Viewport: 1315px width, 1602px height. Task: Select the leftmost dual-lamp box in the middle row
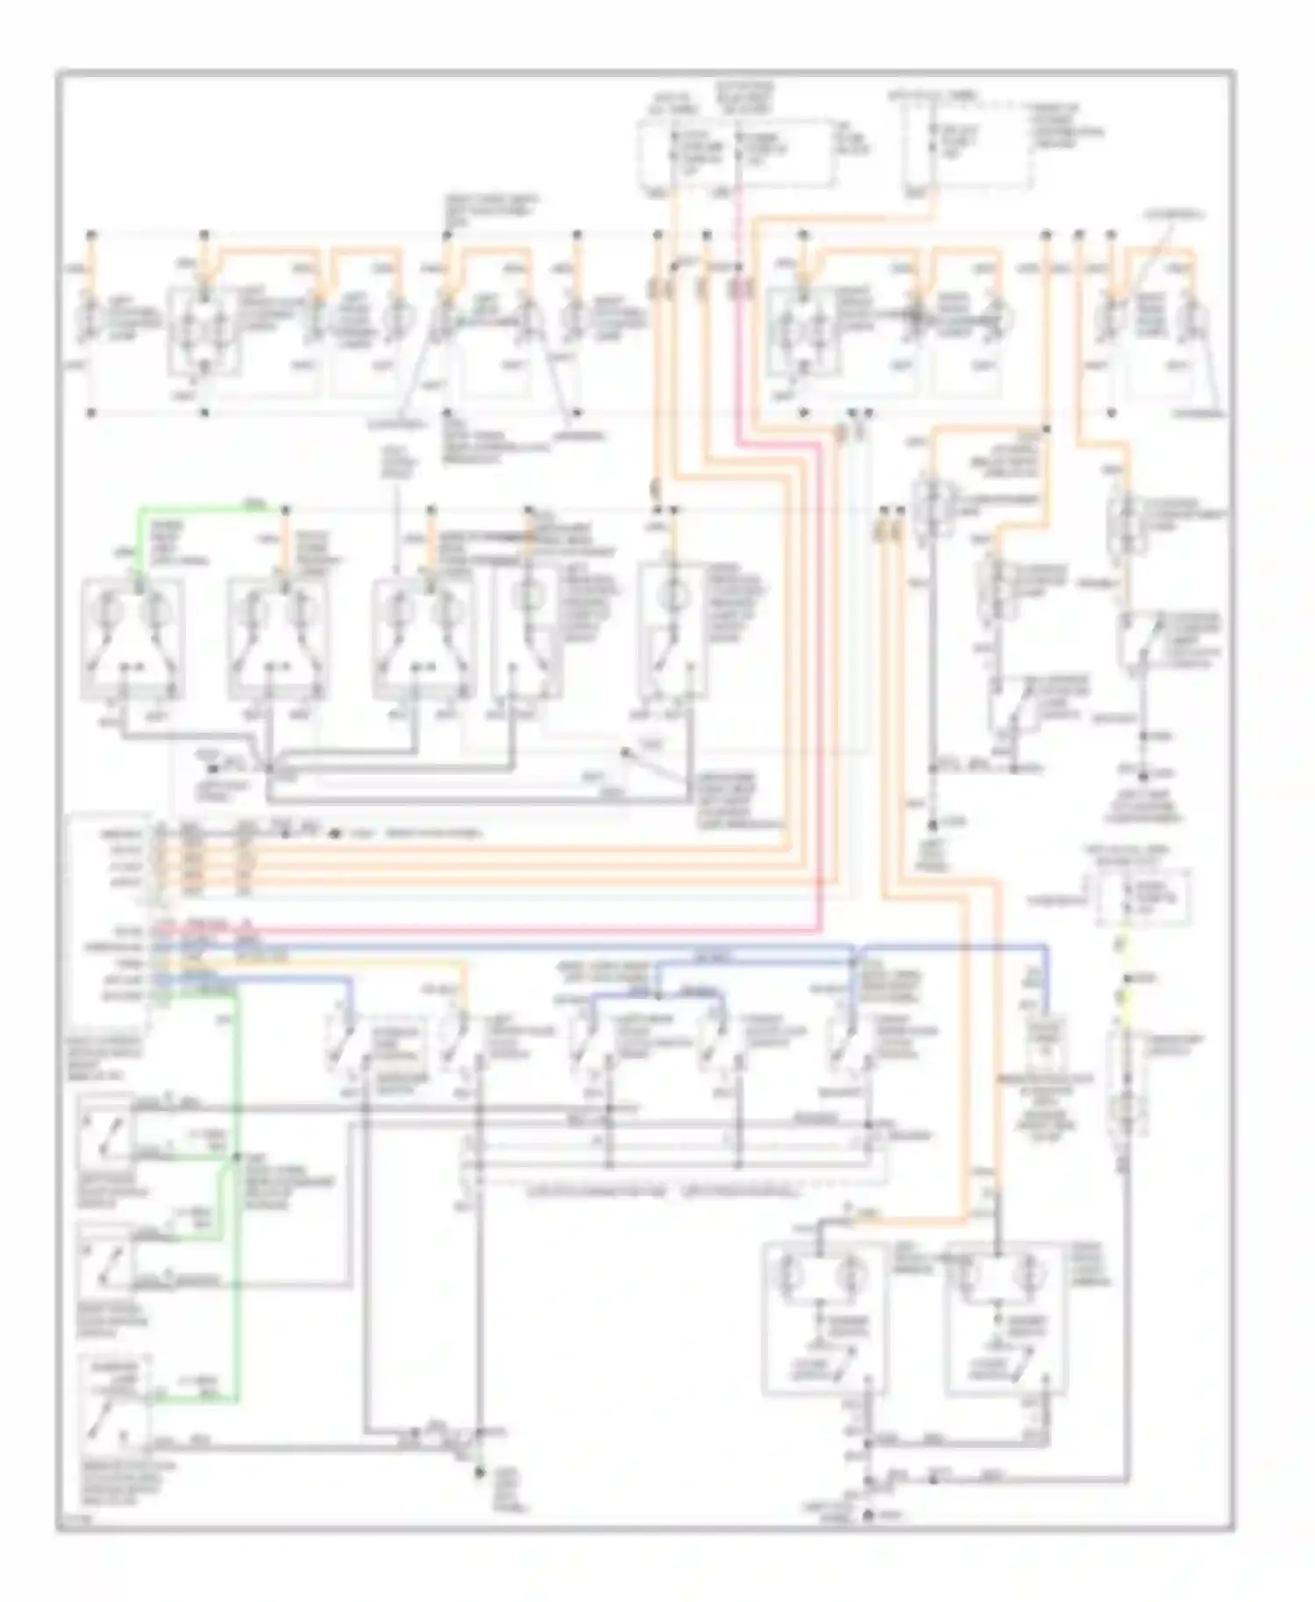pyautogui.click(x=132, y=640)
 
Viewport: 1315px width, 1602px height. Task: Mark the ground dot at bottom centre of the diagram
pyautogui.click(x=479, y=1474)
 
